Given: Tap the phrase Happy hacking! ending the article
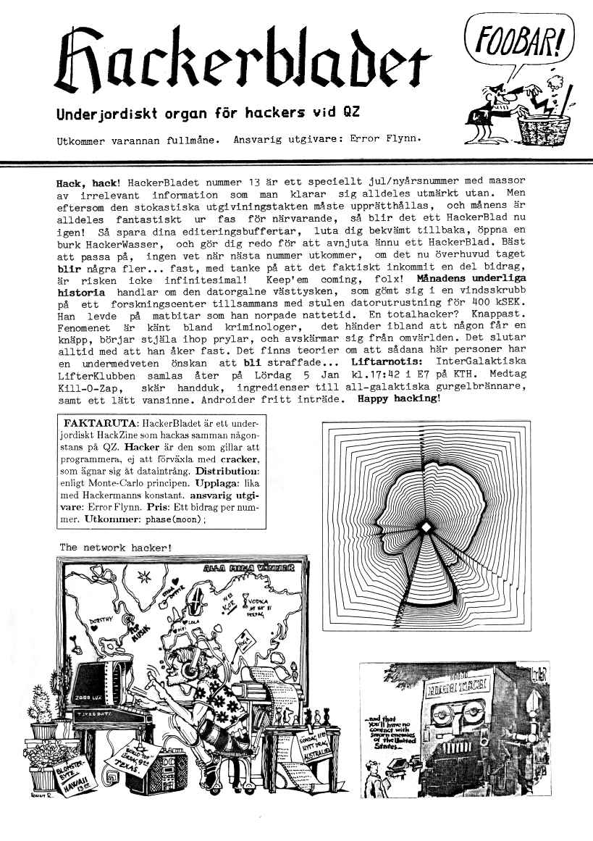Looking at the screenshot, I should (x=398, y=399).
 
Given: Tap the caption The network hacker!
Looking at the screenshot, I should (x=116, y=547).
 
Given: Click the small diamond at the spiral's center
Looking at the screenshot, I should (x=426, y=526).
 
